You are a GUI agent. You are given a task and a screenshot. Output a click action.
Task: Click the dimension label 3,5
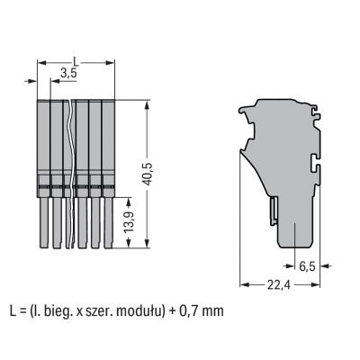coord(68,73)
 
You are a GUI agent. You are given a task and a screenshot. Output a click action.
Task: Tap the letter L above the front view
coord(76,62)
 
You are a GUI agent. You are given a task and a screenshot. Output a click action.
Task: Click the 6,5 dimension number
coord(308,266)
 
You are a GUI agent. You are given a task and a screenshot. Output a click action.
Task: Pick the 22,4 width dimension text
coord(279,284)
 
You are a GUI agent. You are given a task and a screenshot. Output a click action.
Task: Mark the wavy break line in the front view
coord(71,174)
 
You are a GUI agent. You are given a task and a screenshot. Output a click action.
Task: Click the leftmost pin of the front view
coord(44,223)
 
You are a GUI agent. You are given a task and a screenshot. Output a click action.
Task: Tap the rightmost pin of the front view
coord(109,223)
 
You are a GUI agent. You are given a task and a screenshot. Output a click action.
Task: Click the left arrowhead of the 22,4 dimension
coord(245,284)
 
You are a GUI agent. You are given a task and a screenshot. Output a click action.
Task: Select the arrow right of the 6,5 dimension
coord(326,265)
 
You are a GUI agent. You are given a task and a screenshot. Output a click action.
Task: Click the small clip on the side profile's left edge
coord(274,211)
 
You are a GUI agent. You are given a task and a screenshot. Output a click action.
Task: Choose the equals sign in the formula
coord(22,312)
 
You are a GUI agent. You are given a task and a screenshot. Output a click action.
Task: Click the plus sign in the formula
coord(172,312)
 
